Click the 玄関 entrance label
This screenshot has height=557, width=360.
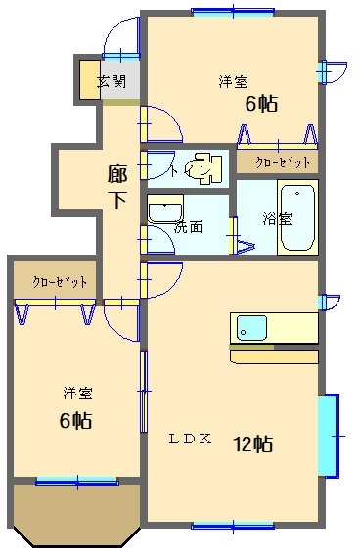[x=112, y=81]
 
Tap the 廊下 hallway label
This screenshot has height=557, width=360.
[x=117, y=187]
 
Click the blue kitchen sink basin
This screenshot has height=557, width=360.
[x=251, y=328]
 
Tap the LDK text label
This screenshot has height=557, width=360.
[x=190, y=440]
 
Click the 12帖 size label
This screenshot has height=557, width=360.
[x=252, y=443]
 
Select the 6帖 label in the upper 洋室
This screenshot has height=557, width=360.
[x=261, y=104]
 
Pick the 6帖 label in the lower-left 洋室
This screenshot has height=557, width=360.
[x=75, y=420]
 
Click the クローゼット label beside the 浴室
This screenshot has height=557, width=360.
[x=283, y=162]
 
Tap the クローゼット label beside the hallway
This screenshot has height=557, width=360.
[x=60, y=282]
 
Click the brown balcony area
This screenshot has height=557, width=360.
[x=77, y=514]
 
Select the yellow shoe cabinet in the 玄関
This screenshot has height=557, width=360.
[x=90, y=80]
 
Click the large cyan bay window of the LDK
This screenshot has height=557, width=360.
[x=328, y=436]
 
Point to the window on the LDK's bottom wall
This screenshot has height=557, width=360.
[x=233, y=526]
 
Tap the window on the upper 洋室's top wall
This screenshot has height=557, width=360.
[x=233, y=11]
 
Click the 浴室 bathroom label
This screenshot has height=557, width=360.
[x=277, y=219]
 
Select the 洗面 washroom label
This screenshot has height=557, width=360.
[x=188, y=227]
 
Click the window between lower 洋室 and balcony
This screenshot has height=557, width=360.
[x=77, y=482]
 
